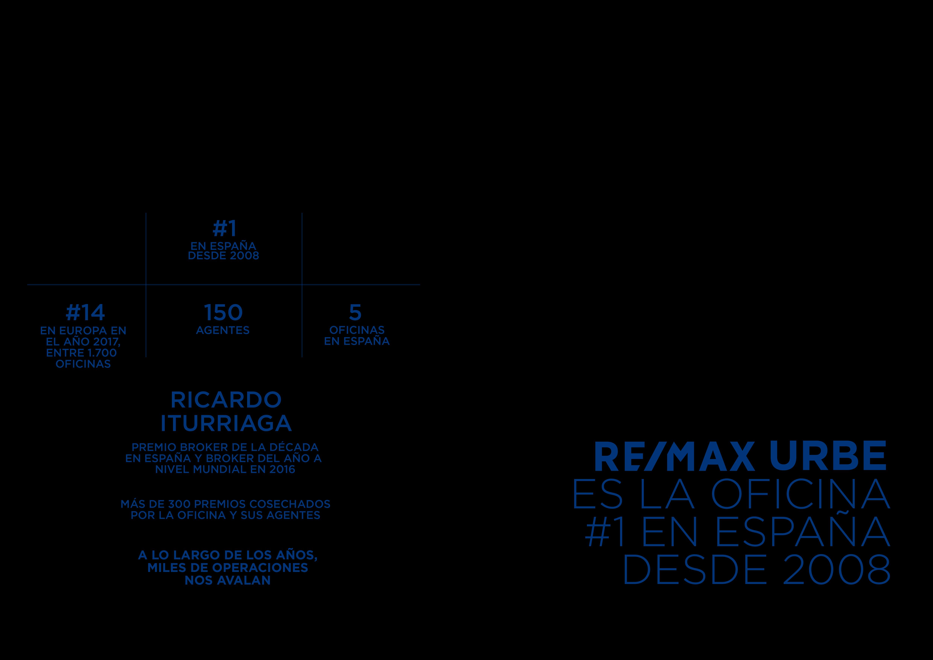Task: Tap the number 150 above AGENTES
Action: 223,313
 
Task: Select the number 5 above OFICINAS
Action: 355,313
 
